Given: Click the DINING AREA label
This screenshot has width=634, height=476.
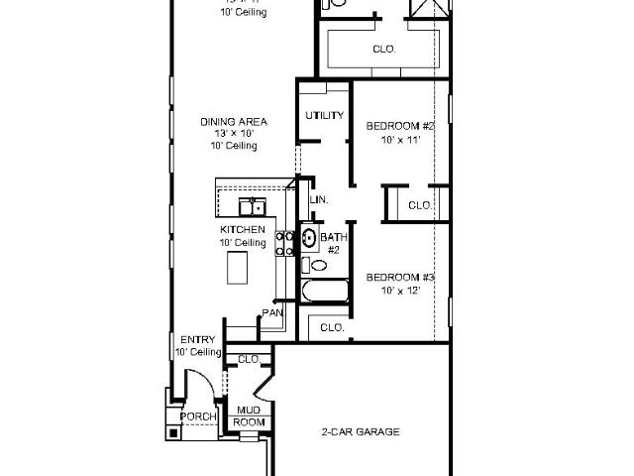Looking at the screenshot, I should click(234, 122).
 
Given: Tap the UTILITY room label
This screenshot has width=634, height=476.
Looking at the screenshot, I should click(324, 115).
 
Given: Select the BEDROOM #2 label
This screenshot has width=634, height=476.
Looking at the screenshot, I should click(400, 126).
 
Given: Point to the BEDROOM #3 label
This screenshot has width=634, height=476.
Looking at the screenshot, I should click(400, 277).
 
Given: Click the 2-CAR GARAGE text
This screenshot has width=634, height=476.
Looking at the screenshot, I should click(361, 431).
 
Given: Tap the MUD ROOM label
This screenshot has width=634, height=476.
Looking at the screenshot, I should click(249, 415).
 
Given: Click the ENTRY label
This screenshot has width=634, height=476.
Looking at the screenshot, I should click(197, 340).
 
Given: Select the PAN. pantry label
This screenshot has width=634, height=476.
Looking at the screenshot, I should click(272, 313).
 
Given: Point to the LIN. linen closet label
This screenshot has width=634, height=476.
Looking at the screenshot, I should click(319, 199).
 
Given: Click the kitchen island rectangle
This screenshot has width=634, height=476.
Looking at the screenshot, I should click(239, 266).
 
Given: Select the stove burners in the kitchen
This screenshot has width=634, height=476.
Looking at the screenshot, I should click(282, 243).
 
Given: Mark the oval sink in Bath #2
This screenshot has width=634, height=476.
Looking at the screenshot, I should click(308, 238).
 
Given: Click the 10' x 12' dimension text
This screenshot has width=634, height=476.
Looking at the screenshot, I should click(400, 290).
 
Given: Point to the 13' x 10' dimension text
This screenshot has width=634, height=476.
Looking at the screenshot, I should click(234, 134).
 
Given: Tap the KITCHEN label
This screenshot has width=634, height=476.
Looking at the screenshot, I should click(242, 230).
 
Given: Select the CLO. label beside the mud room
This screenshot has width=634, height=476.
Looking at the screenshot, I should click(248, 358).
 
